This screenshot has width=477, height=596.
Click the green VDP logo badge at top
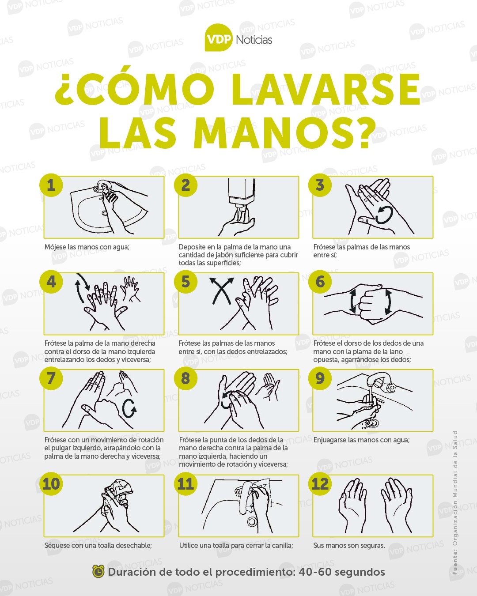(218, 38)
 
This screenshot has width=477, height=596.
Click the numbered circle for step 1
(51, 185)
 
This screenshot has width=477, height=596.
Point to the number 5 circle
(185, 281)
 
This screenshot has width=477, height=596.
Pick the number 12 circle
(320, 484)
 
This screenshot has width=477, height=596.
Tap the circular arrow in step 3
(384, 215)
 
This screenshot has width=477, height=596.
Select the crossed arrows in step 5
(221, 291)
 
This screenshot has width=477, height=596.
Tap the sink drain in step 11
(253, 522)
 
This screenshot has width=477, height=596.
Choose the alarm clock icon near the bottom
(98, 572)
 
